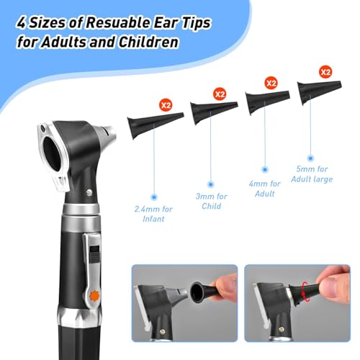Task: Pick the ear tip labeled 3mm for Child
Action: coord(211,111)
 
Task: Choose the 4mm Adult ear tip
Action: coord(266,103)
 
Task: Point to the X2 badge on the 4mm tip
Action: coord(271,84)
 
